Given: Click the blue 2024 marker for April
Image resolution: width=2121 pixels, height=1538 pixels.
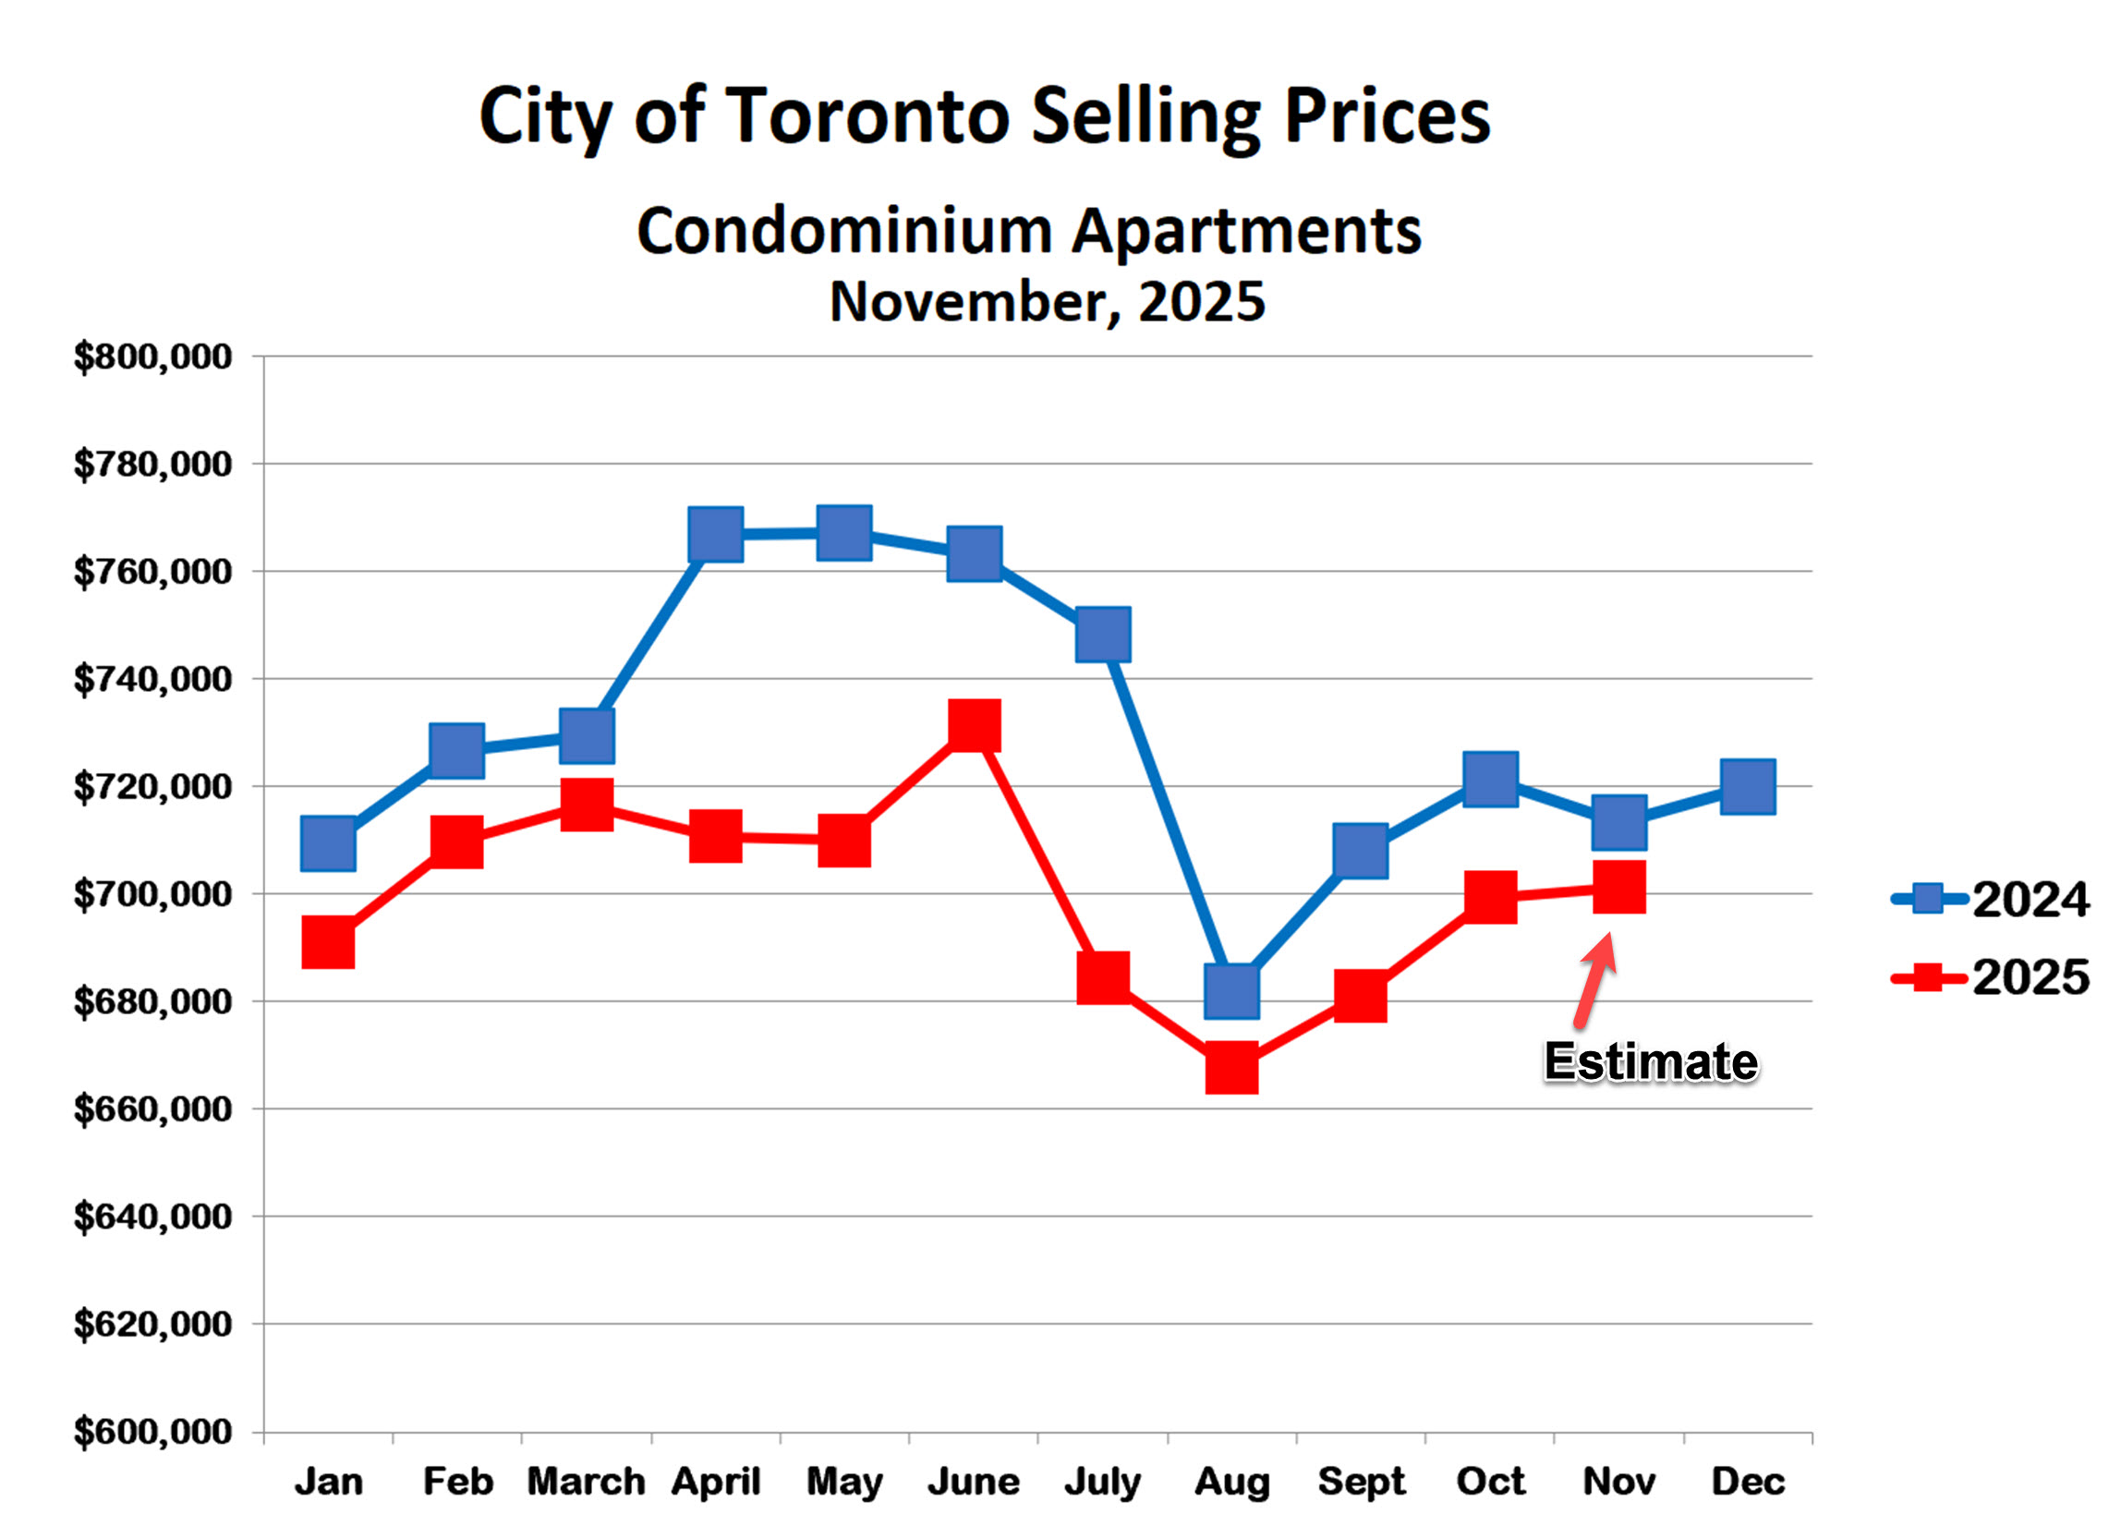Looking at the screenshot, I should (x=715, y=535).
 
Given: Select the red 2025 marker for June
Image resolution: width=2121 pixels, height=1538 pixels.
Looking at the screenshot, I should (x=975, y=725).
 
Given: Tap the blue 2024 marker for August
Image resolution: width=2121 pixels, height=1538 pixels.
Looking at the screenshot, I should (x=1231, y=992).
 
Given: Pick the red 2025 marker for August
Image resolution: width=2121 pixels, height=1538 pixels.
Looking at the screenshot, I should (x=1231, y=1069).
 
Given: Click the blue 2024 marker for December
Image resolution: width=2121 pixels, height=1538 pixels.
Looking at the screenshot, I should (x=1748, y=787).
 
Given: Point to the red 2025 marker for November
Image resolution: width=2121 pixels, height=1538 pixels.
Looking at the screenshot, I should (x=1618, y=889).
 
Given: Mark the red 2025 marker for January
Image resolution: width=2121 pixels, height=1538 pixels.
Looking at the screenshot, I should (x=328, y=941).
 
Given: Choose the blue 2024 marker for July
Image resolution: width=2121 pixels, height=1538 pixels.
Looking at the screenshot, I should (x=1104, y=634).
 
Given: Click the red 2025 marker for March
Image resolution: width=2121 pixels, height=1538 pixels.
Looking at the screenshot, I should (x=588, y=805).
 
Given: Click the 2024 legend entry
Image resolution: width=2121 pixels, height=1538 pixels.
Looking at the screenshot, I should (x=1992, y=900).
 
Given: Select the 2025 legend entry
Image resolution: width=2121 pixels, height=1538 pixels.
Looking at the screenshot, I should (x=1992, y=978).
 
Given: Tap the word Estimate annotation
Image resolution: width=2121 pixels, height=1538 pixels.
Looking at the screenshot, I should (x=1651, y=1062).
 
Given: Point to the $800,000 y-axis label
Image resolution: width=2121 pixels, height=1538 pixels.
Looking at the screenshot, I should (x=152, y=357).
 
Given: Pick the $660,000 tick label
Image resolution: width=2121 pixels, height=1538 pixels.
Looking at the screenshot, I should (x=152, y=1109).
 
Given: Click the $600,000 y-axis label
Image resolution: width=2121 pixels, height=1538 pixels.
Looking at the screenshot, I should (x=152, y=1433).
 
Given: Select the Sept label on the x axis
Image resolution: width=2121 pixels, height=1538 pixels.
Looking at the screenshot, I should (x=1362, y=1482).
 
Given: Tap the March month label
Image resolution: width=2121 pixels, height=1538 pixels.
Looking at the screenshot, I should (x=587, y=1482).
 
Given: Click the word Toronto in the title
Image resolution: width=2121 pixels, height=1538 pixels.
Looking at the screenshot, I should (x=868, y=116).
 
